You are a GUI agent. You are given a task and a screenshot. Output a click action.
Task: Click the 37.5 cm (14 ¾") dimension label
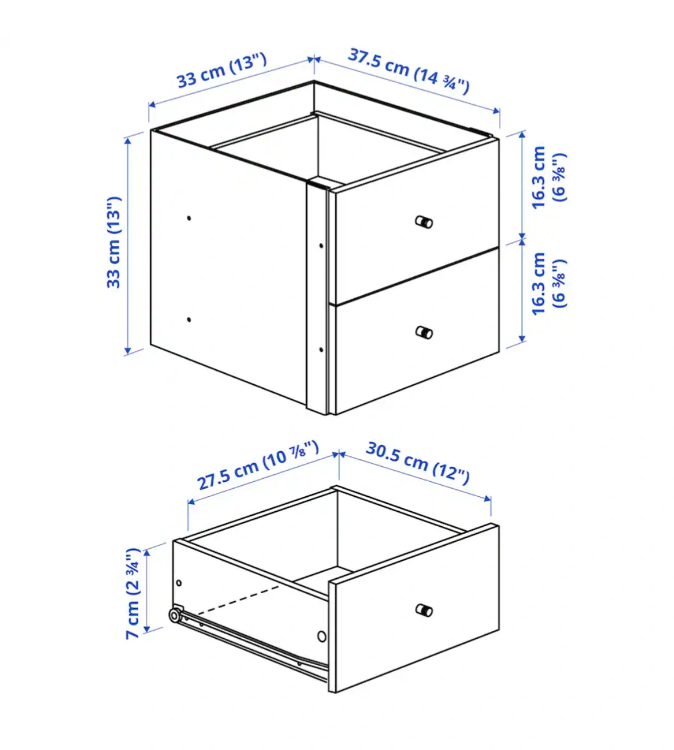pos(409,71)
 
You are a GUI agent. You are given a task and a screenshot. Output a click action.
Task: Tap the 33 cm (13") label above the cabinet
pos(222,71)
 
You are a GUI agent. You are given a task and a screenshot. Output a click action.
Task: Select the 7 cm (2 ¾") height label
pos(132,593)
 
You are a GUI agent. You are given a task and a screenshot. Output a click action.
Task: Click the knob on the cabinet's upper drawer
pos(424,222)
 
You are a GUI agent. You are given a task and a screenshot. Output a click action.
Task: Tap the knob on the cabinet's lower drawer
pos(424,332)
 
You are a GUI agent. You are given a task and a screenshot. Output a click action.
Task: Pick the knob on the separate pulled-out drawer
pos(424,610)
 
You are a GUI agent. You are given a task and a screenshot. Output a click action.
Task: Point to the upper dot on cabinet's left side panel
pos(189,218)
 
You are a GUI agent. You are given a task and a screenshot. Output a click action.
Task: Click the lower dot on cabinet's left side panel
pos(189,319)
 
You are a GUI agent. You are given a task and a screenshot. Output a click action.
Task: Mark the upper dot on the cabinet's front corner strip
pos(321,246)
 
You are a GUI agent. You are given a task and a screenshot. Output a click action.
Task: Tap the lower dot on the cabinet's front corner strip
pos(321,350)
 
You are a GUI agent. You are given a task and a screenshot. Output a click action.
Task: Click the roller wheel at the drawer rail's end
pos(174,616)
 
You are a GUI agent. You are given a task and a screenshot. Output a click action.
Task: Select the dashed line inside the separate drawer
pos(238,600)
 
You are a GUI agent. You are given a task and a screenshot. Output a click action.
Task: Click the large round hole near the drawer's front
pos(322,636)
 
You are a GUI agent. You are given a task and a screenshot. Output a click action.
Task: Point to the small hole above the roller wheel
pos(179,583)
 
